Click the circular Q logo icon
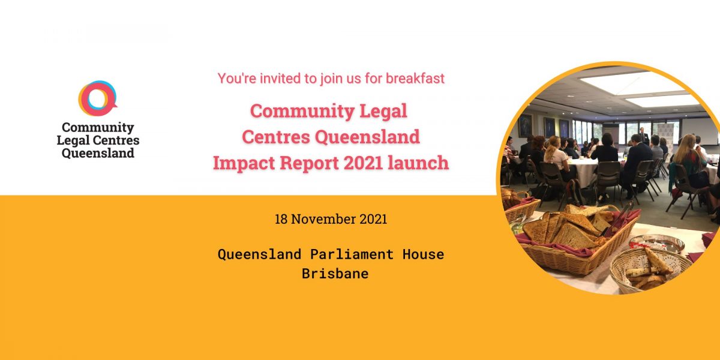click(x=97, y=98)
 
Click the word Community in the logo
click(x=98, y=128)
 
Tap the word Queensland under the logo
click(x=98, y=153)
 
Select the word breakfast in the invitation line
click(x=415, y=79)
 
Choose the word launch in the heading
click(x=418, y=163)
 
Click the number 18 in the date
click(x=281, y=219)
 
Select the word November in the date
click(x=323, y=219)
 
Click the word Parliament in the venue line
click(x=352, y=254)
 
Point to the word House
click(x=424, y=254)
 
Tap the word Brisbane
click(x=335, y=274)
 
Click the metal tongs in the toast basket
click(x=619, y=218)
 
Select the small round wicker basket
click(x=649, y=270)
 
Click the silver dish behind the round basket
click(x=656, y=242)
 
